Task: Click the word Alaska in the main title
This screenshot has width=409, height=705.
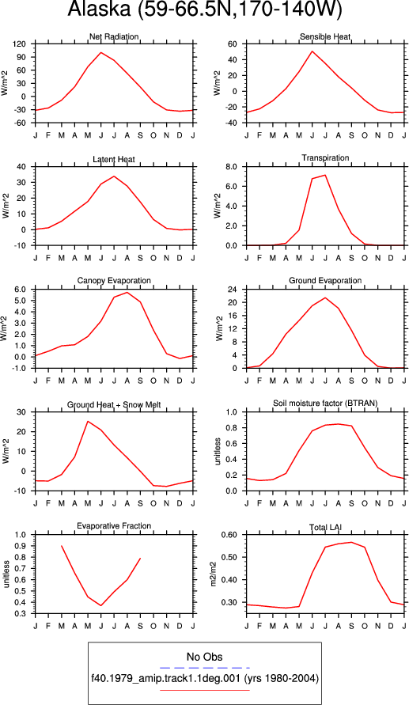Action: click(x=98, y=10)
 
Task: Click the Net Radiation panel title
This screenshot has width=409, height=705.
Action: click(x=114, y=36)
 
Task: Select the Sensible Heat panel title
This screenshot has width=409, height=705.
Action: click(x=325, y=36)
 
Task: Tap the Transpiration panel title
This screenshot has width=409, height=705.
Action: click(x=325, y=157)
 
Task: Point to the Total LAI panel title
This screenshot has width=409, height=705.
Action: click(x=325, y=526)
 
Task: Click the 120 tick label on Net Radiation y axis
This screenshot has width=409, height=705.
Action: click(x=25, y=44)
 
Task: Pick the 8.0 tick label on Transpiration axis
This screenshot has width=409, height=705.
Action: click(x=237, y=166)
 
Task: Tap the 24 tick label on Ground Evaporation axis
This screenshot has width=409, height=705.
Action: click(x=239, y=290)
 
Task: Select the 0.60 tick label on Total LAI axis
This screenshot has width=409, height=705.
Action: click(x=235, y=535)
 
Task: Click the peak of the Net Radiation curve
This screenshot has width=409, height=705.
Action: click(x=101, y=52)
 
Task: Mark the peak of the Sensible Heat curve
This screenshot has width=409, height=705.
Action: click(x=312, y=51)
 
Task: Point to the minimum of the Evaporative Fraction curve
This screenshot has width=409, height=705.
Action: click(x=101, y=605)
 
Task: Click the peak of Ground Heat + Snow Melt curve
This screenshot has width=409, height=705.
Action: click(x=88, y=421)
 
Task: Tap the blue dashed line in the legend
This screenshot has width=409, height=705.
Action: click(x=204, y=668)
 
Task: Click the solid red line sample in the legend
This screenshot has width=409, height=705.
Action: click(x=204, y=690)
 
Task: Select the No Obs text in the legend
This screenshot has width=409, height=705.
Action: click(x=204, y=657)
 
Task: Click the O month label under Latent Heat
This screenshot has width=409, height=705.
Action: click(x=153, y=258)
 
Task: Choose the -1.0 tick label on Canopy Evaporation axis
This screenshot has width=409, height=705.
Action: click(x=24, y=368)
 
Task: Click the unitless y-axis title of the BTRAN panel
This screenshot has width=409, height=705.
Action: click(x=218, y=451)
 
